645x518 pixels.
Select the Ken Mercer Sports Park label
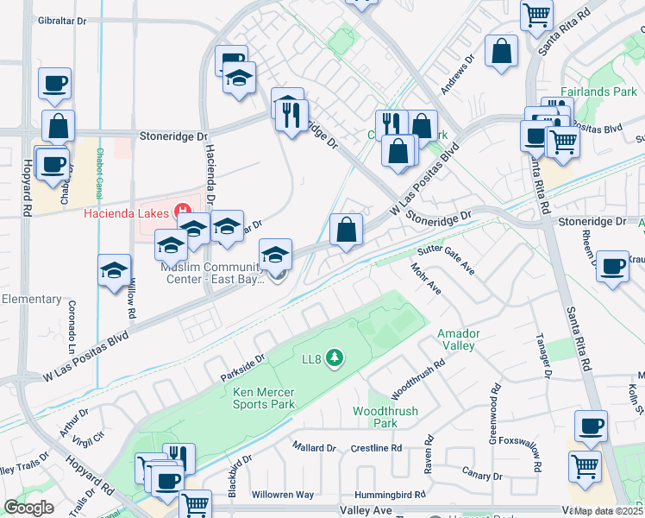tap(264, 398)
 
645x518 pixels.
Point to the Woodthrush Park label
tap(375, 417)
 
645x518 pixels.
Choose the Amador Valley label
tap(456, 339)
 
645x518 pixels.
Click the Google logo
tap(28, 508)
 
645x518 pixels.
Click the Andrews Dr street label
tap(457, 75)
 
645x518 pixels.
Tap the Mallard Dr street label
tap(314, 448)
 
